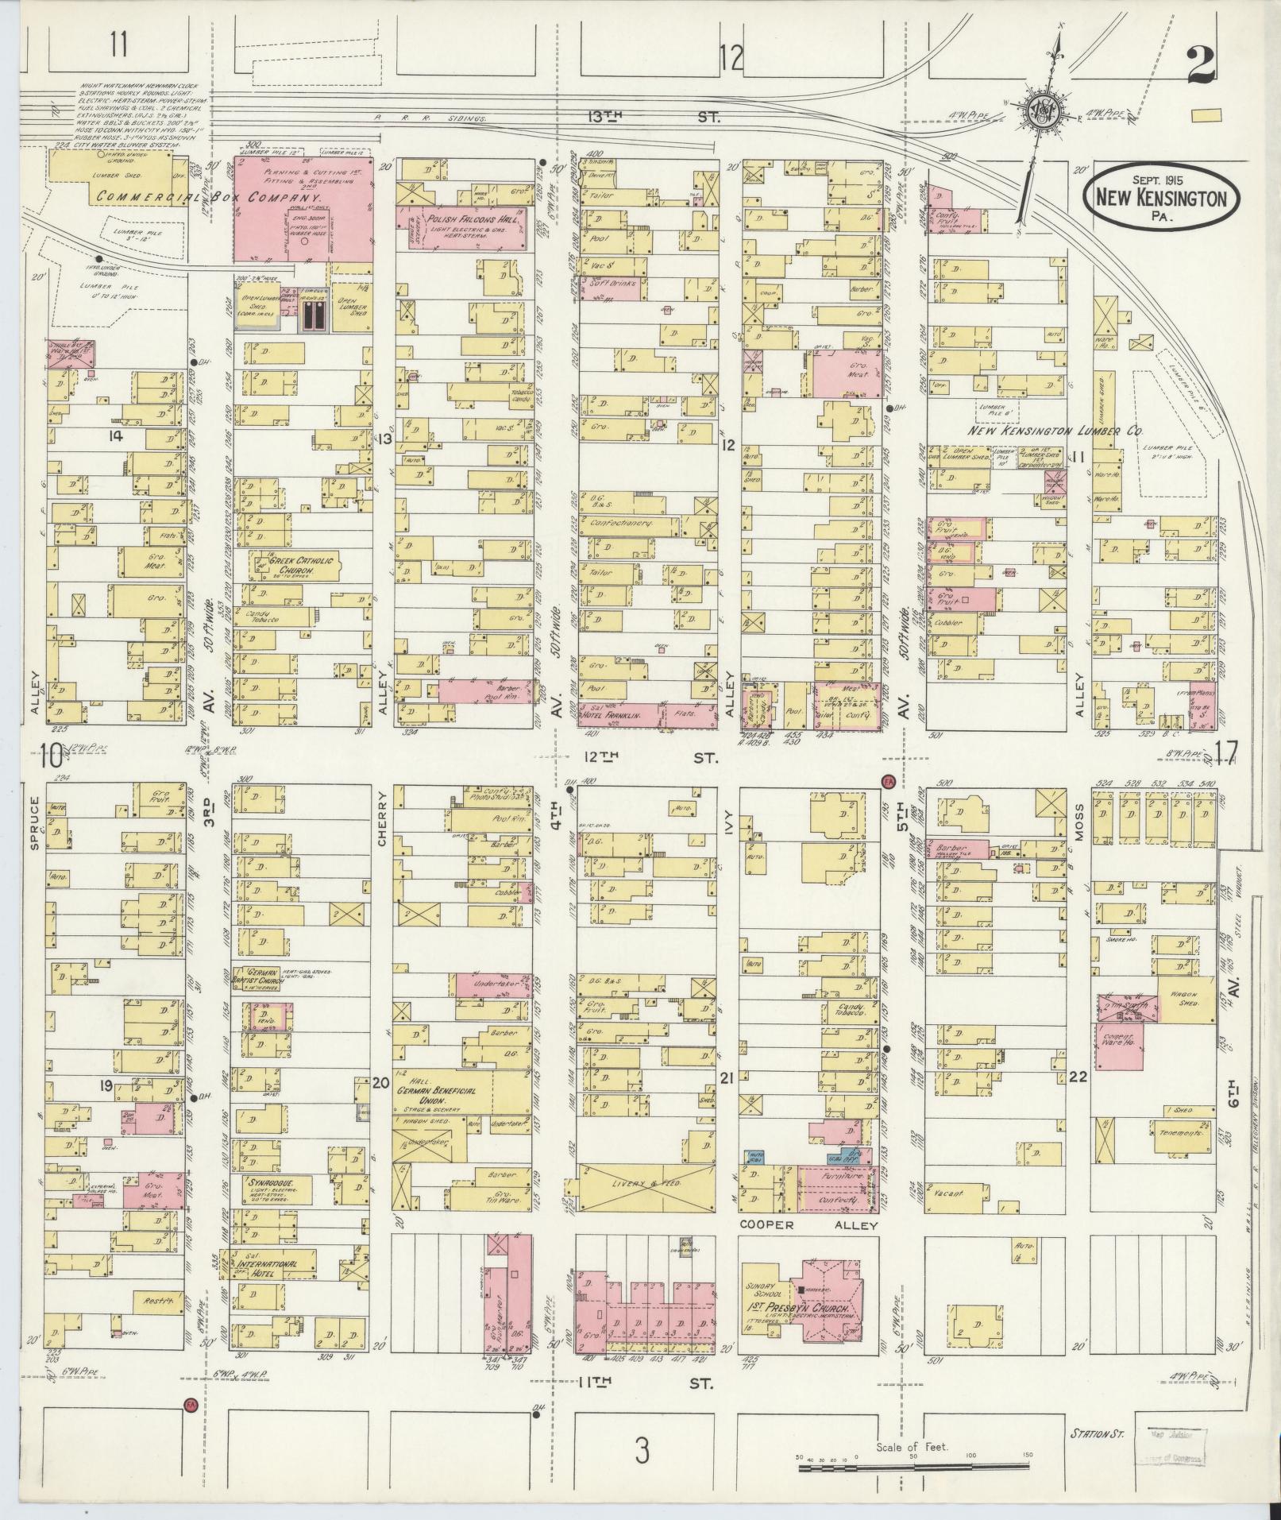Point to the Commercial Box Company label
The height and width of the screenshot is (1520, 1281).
point(209,196)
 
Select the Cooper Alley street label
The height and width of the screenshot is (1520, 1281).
point(809,1225)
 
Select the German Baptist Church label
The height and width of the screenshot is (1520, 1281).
point(255,976)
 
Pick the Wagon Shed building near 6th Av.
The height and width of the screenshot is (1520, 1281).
point(1186,999)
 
